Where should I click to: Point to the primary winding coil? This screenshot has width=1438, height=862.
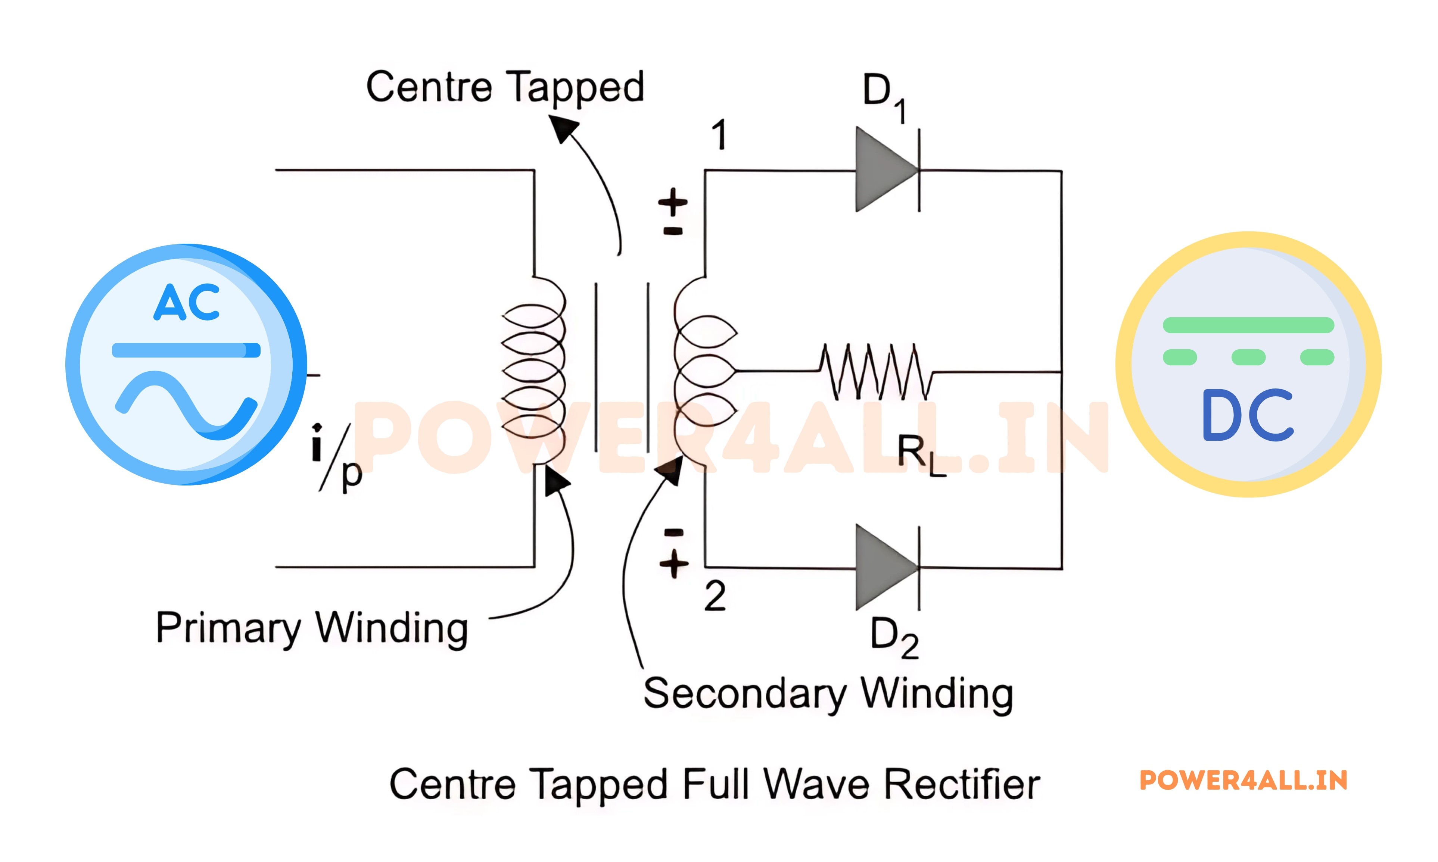click(533, 369)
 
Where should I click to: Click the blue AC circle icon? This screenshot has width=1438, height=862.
click(186, 364)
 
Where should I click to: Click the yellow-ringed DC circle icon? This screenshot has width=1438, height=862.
click(1248, 364)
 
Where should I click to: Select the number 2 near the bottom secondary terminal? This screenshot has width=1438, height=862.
click(714, 596)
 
